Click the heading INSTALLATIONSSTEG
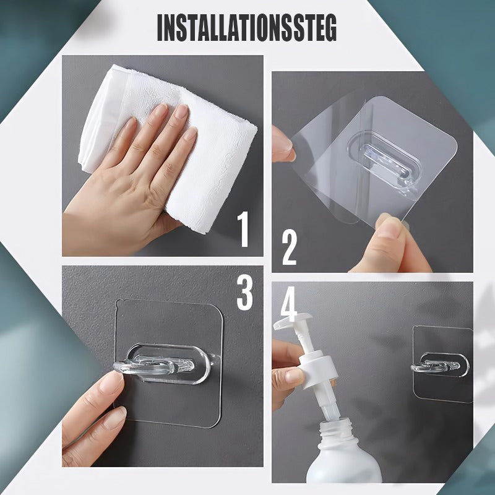point(247,27)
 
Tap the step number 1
point(243,229)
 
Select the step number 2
point(290,247)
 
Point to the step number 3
point(244,292)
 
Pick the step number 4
point(288,303)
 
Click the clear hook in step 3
point(161,364)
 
